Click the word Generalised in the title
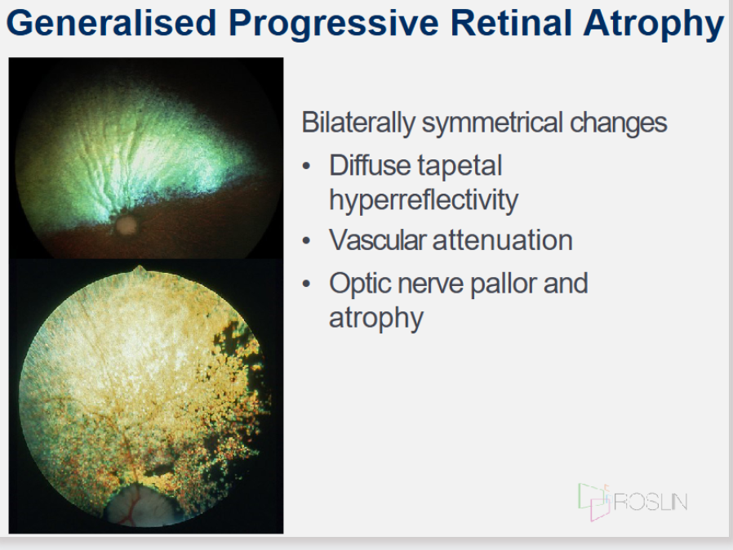111,23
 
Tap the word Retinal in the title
511,23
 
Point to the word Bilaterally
358,123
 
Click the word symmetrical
492,123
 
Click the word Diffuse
369,165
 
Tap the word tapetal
460,167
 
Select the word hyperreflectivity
424,201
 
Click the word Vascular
377,240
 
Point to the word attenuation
503,240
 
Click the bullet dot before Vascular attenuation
307,240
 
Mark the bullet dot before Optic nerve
307,284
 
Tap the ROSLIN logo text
650,503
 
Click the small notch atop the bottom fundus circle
139,270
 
